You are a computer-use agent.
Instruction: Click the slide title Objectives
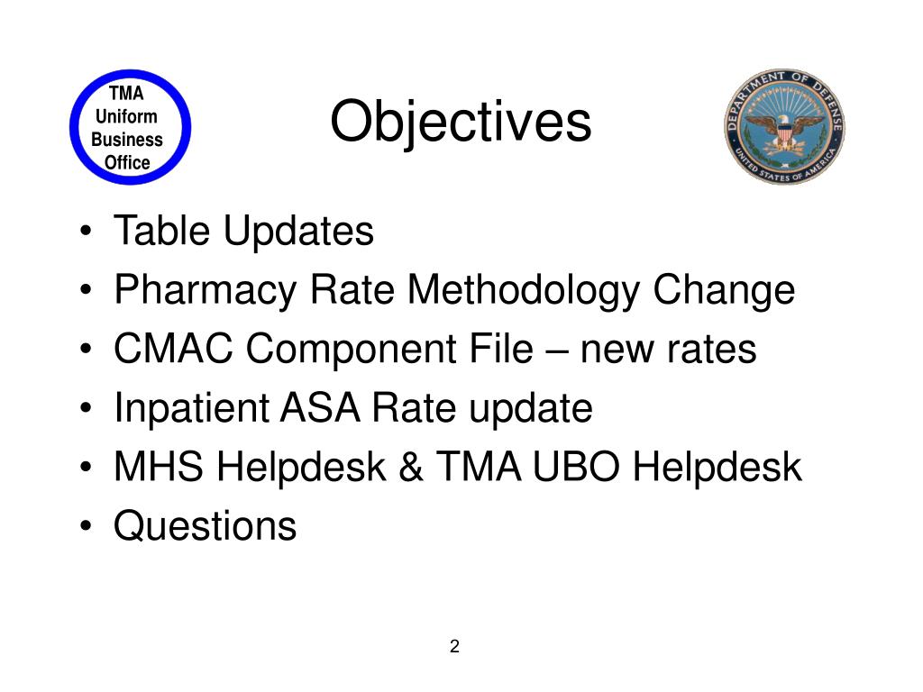point(460,123)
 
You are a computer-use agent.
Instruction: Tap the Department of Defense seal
point(783,126)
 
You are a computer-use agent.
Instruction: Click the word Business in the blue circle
point(127,140)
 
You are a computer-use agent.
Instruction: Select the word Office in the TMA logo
point(127,163)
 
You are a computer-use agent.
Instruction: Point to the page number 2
point(454,646)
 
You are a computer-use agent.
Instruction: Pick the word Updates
point(298,233)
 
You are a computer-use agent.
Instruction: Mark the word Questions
point(205,526)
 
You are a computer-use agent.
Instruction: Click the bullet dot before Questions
point(85,527)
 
